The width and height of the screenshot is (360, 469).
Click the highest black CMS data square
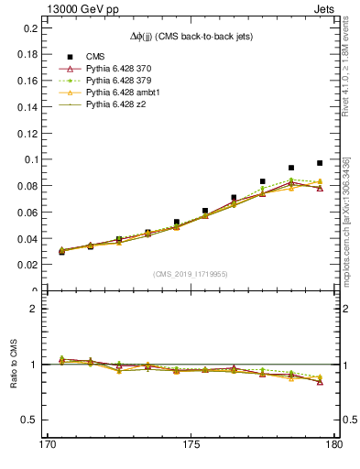pos(320,163)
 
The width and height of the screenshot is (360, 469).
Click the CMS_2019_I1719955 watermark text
pos(191,274)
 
